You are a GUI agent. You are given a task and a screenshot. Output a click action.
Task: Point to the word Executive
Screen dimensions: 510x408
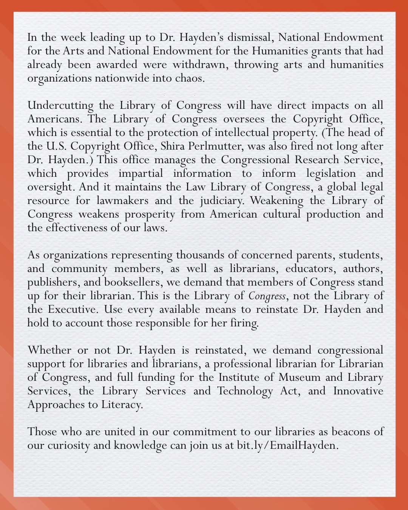pos(72,309)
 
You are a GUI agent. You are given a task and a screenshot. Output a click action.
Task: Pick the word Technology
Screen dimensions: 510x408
pos(245,391)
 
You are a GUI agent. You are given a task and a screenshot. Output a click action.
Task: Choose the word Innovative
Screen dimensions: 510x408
pos(358,391)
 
